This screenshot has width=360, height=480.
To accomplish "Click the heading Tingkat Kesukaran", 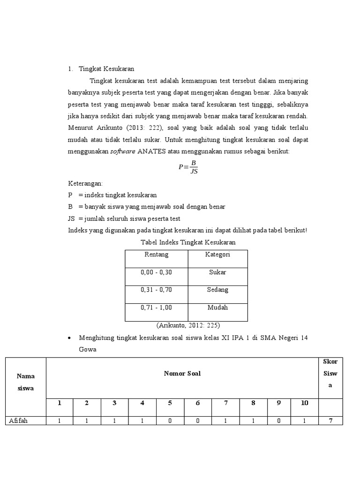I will pos(106,68).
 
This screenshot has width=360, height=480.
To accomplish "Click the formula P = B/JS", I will pos(188,167).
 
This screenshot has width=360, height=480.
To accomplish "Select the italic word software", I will pos(123,151).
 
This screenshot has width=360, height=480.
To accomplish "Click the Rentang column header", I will pos(157,255).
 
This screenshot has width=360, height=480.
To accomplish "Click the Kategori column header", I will pos(217,255).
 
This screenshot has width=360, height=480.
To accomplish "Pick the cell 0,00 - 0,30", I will pos(157,272).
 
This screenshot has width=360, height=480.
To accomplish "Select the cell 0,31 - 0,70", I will pos(157,290).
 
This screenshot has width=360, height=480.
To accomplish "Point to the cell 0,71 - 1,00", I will pos(157,308).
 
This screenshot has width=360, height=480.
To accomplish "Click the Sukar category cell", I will pos(217,272).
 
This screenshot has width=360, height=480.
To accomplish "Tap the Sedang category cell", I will pos(217,290).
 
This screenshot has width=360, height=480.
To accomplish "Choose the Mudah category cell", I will pos(217,308).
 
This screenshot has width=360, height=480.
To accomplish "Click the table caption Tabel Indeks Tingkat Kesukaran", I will pos(188,242).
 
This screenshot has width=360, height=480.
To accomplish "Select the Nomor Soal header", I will pos(182,374).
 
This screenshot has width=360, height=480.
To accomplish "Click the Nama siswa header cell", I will pos(25,382).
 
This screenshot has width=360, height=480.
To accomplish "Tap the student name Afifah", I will pos(19,421).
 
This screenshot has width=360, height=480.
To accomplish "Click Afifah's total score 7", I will pos(330,421).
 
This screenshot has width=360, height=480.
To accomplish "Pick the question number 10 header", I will pos(304,403).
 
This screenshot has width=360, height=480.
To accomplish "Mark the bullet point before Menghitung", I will pos(69,338).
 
